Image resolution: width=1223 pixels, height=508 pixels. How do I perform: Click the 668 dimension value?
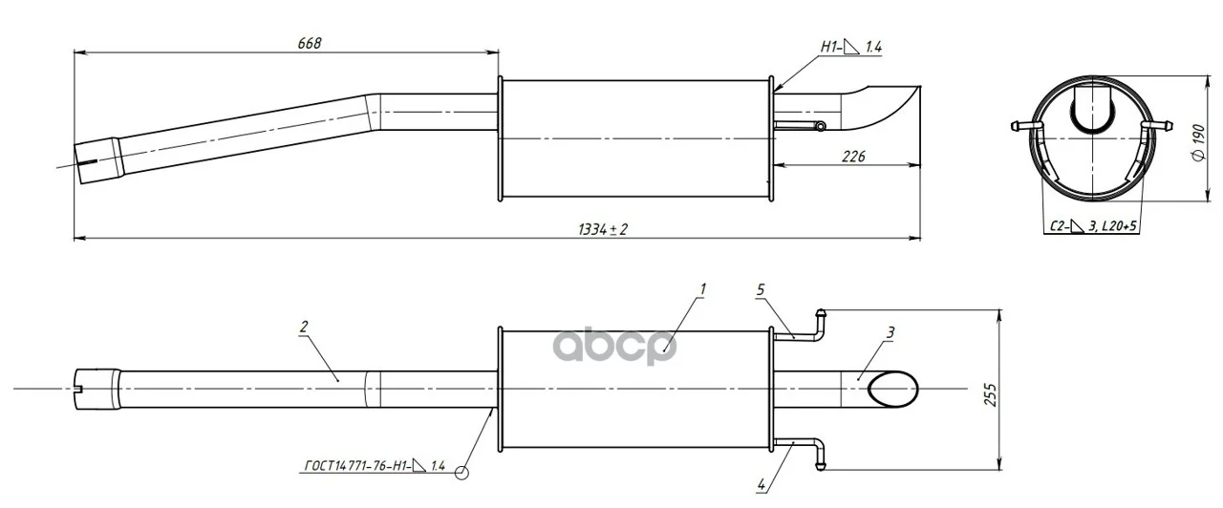pyautogui.click(x=310, y=43)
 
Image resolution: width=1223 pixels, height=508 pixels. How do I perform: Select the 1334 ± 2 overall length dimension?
pyautogui.click(x=603, y=229)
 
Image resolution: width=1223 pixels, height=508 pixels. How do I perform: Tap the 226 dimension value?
pyautogui.click(x=853, y=157)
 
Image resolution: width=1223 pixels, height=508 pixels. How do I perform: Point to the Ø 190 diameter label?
pyautogui.click(x=1199, y=143)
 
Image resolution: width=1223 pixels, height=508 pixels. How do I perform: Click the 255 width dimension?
pyautogui.click(x=991, y=394)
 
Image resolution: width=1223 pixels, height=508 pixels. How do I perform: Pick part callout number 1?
pyautogui.click(x=702, y=289)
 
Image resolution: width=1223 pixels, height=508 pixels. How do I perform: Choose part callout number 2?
pyautogui.click(x=304, y=327)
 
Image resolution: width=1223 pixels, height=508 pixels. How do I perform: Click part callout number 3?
pyautogui.click(x=891, y=331)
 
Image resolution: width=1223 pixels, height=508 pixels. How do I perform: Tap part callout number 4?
pyautogui.click(x=762, y=484)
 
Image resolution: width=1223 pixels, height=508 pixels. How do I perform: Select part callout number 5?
pyautogui.click(x=761, y=289)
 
